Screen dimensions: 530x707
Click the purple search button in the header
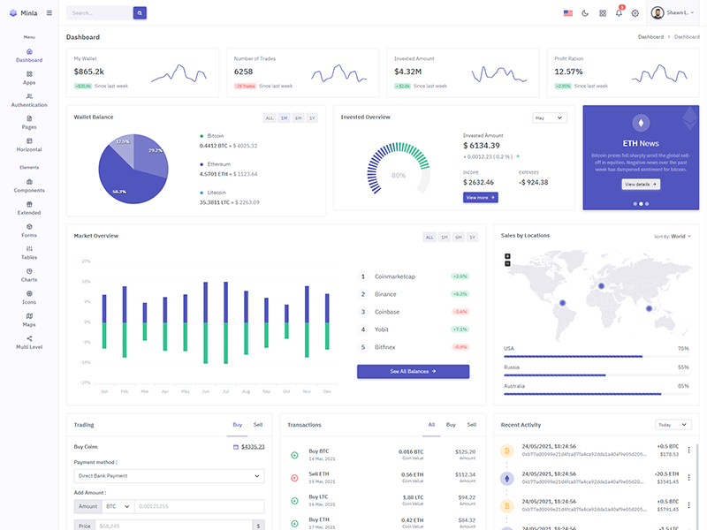click(140, 13)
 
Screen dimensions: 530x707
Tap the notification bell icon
click(619, 13)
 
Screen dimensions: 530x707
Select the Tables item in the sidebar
click(29, 253)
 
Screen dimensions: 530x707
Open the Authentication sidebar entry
click(29, 100)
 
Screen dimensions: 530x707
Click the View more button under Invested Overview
click(480, 197)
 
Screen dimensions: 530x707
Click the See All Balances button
click(413, 372)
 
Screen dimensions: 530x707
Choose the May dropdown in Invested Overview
click(549, 117)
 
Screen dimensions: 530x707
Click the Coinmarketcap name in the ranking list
click(394, 276)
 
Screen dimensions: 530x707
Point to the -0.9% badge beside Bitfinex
click(460, 347)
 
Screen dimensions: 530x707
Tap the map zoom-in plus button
click(507, 256)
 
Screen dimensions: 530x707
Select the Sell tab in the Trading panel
click(258, 425)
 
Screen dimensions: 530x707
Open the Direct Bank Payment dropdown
click(169, 476)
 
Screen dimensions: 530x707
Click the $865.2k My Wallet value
click(89, 72)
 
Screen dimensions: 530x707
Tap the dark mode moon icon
click(585, 13)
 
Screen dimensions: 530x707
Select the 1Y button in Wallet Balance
click(312, 117)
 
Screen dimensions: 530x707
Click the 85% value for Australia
click(683, 386)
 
